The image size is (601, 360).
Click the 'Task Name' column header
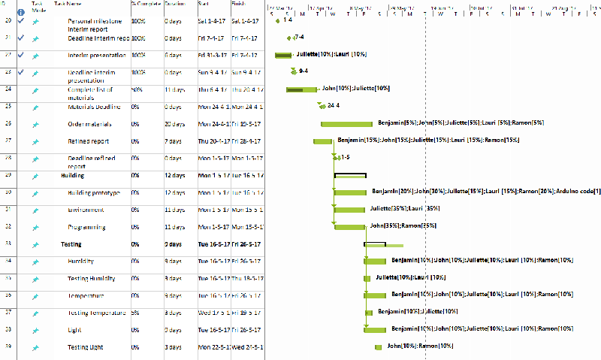click(63, 4)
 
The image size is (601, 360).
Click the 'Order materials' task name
click(89, 124)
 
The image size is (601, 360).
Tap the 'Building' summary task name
click(73, 175)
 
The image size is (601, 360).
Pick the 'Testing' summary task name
click(71, 244)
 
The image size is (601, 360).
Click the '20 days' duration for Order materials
click(174, 124)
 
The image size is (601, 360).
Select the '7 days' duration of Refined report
click(173, 141)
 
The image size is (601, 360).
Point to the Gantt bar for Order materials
click(346, 124)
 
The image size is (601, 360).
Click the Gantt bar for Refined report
click(323, 141)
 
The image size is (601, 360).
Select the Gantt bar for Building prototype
click(350, 192)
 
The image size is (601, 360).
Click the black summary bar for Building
click(350, 175)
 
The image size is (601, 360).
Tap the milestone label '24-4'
click(334, 106)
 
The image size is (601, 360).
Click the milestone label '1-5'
click(345, 157)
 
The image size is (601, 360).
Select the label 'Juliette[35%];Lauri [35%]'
click(404, 208)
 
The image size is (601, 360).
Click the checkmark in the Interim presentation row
click(21, 55)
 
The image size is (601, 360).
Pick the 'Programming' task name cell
click(86, 227)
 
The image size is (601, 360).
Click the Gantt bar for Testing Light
click(378, 347)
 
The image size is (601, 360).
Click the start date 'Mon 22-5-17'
click(213, 347)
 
